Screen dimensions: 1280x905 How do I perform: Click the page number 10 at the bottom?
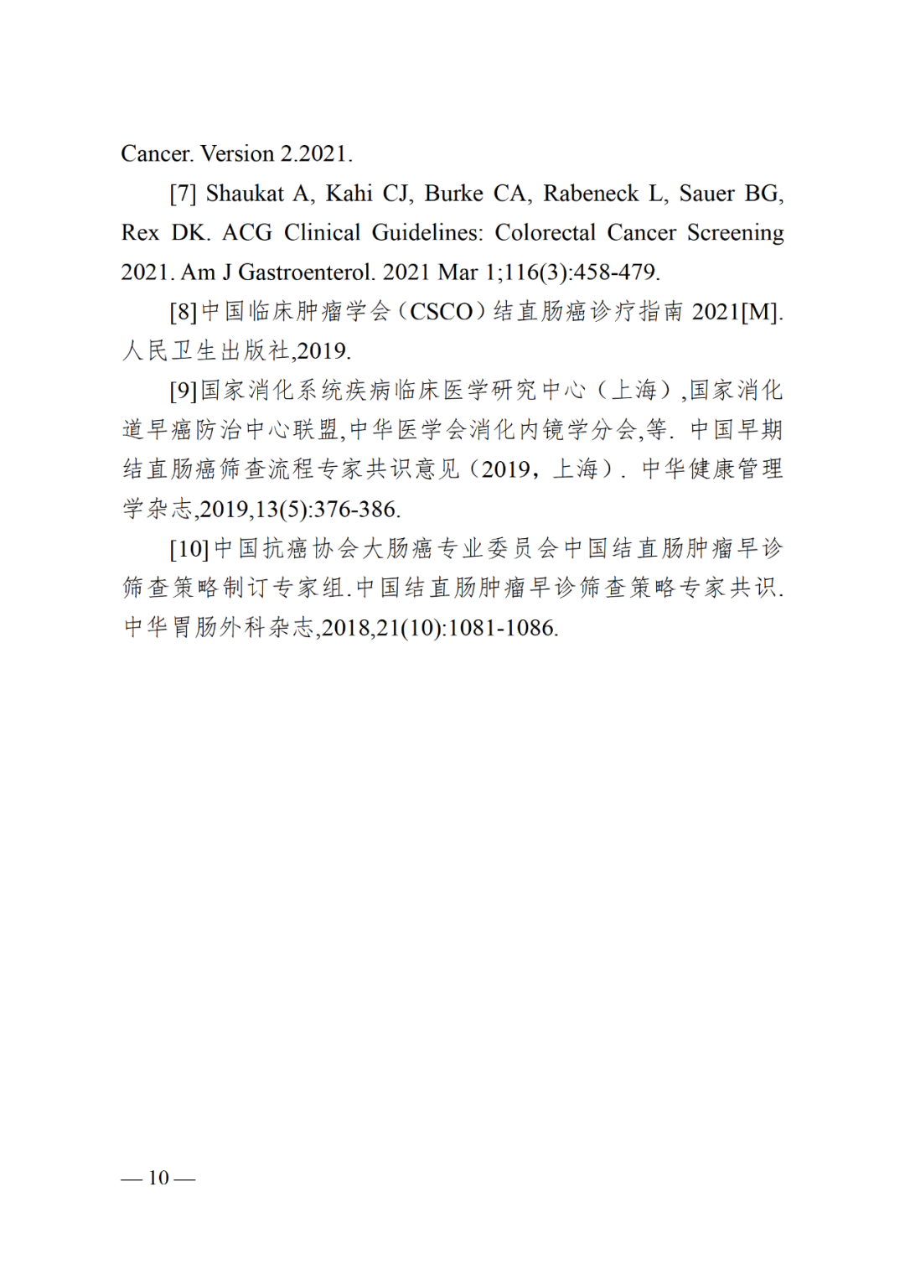point(158,1178)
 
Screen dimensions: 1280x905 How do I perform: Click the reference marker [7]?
point(183,194)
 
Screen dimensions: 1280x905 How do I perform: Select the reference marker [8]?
point(183,312)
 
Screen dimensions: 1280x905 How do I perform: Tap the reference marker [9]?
point(183,391)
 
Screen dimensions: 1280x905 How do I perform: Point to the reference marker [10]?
point(189,549)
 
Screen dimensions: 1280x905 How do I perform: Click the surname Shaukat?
point(245,194)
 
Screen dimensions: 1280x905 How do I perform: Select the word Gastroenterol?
point(306,272)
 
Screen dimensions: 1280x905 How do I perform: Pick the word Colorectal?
point(545,233)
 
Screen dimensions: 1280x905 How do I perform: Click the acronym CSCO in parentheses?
point(442,312)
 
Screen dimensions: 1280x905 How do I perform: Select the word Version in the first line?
point(237,154)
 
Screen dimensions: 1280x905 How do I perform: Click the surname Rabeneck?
point(591,194)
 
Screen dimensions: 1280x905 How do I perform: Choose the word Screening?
point(735,233)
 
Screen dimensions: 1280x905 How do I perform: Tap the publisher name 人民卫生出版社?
point(206,351)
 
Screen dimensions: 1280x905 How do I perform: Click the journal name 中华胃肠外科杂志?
point(219,628)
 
